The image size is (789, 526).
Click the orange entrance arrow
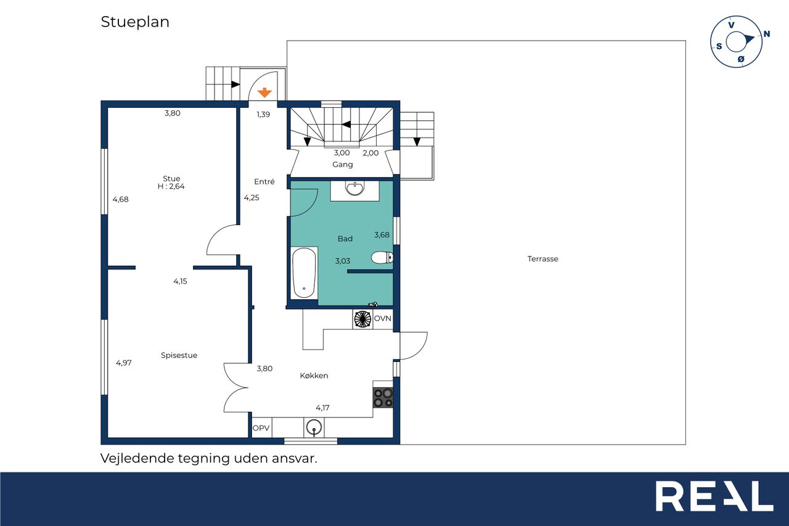point(264,93)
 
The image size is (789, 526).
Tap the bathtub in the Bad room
point(304,273)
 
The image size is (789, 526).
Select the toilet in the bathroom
point(382,258)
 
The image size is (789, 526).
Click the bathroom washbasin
point(354,188)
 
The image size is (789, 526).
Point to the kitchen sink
point(314,427)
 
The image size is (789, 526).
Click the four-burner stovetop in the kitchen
point(383,398)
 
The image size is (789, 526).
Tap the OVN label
point(383,318)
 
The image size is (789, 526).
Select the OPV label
point(261,428)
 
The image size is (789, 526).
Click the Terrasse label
point(543,259)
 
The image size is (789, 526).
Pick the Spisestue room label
point(179,355)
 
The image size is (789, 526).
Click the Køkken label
point(314,376)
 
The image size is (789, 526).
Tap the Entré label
point(264,181)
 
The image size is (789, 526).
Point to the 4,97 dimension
point(124,363)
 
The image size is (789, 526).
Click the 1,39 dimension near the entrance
point(263,114)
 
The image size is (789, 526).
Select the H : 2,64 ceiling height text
point(171,186)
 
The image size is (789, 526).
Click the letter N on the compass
point(766,34)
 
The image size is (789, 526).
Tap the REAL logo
point(714,496)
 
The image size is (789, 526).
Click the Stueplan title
point(135,22)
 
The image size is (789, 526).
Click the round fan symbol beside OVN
point(363,319)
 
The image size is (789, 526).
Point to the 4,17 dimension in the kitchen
point(322,408)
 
